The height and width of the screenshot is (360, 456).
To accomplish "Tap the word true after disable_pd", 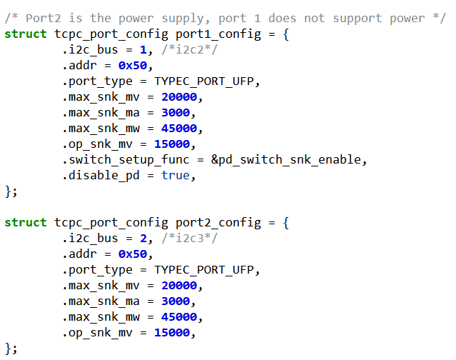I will coord(176,176).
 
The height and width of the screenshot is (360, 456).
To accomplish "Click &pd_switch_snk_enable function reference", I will coord(289,160).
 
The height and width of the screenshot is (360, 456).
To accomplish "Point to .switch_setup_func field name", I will coord(126,160).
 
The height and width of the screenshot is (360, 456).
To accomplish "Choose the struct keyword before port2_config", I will coord(26,223).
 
